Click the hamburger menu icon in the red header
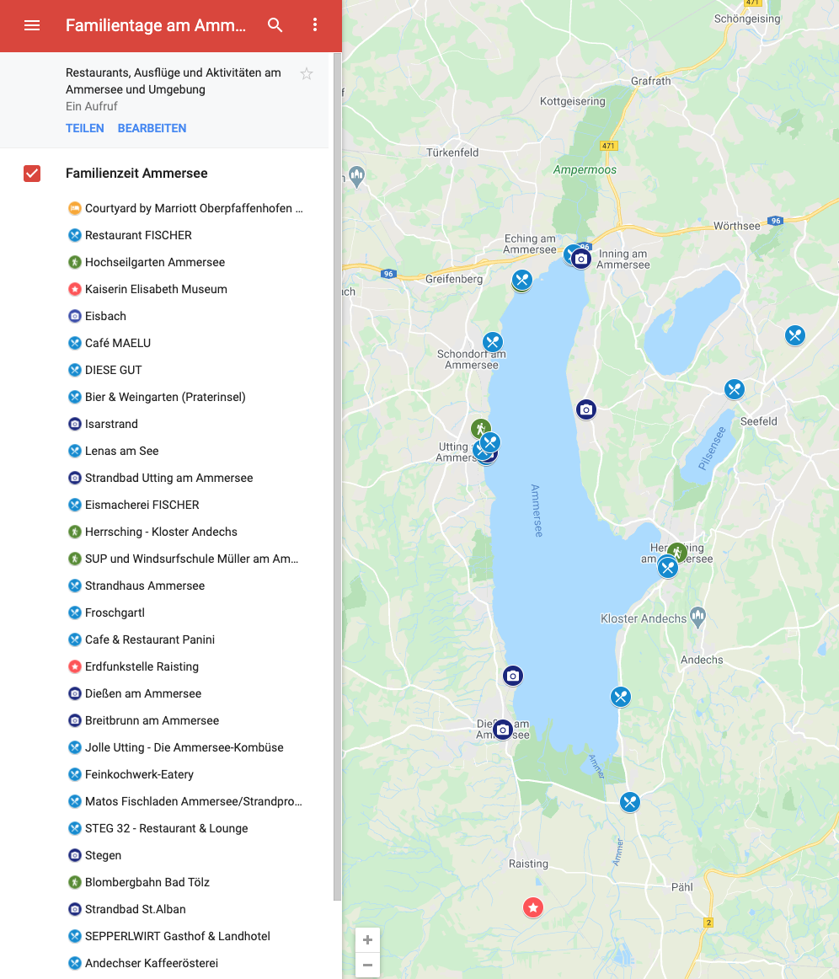[32, 25]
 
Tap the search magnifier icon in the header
[275, 25]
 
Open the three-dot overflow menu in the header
[315, 25]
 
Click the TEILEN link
[85, 128]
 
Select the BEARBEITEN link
[152, 128]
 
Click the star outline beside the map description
[307, 74]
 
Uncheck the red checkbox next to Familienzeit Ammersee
[32, 174]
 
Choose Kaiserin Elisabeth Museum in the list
[156, 289]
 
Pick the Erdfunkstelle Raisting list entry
[142, 666]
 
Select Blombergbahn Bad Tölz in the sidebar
[147, 882]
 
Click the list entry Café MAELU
[118, 343]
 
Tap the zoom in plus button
[367, 940]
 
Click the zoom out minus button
[367, 965]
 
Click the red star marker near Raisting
[533, 907]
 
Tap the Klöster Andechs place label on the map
[644, 618]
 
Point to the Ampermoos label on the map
[585, 169]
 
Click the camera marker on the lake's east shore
[586, 409]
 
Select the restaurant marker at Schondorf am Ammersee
[493, 342]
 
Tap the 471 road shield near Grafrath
[608, 146]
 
